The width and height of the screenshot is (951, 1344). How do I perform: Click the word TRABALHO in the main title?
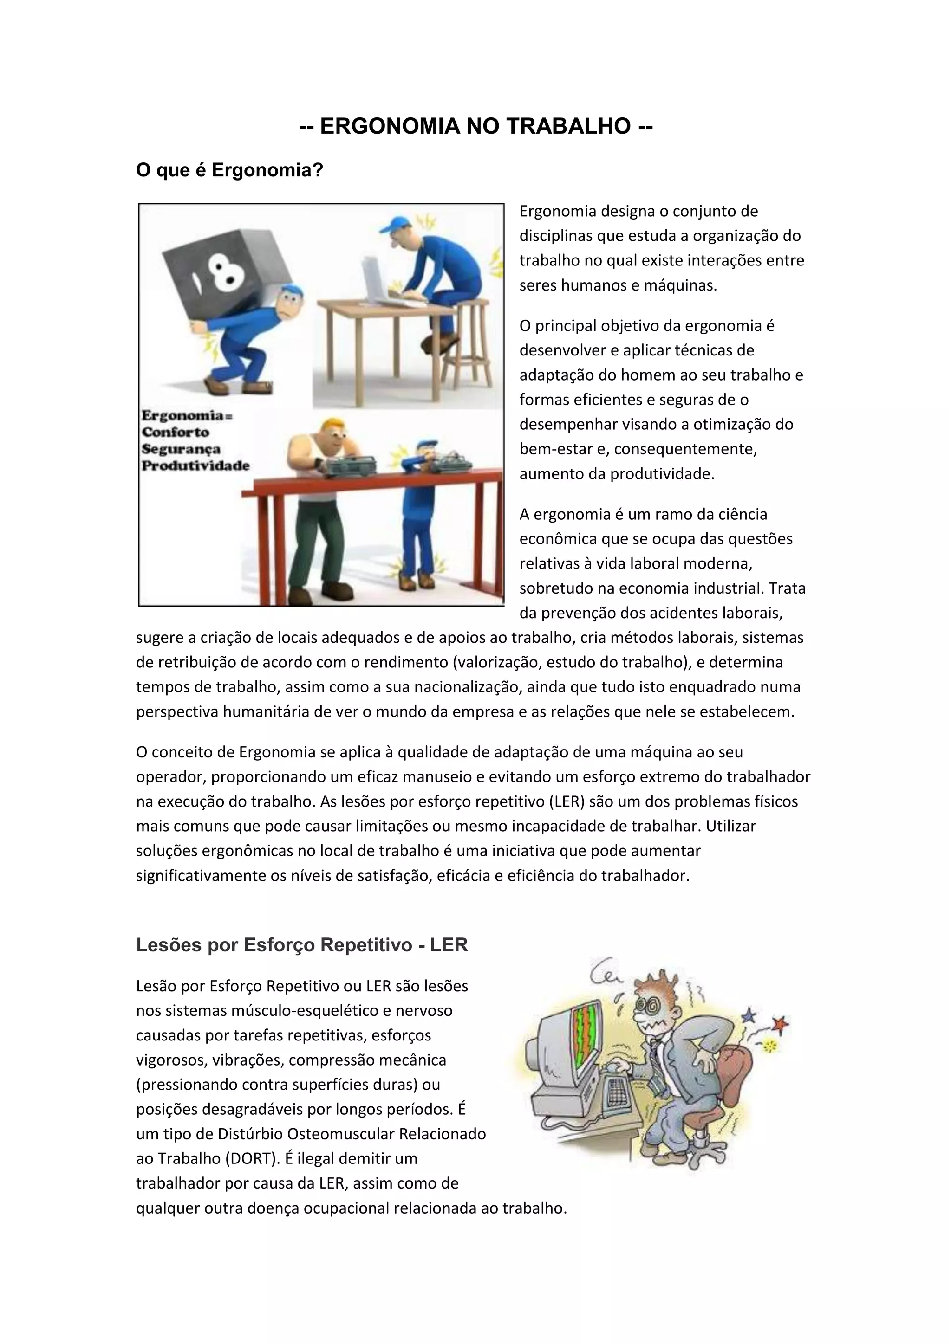[567, 126]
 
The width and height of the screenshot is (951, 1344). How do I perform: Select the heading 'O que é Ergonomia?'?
[229, 170]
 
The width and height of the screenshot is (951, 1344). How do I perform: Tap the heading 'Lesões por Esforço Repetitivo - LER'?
[301, 945]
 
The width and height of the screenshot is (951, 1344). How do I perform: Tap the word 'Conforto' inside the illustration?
[176, 432]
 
